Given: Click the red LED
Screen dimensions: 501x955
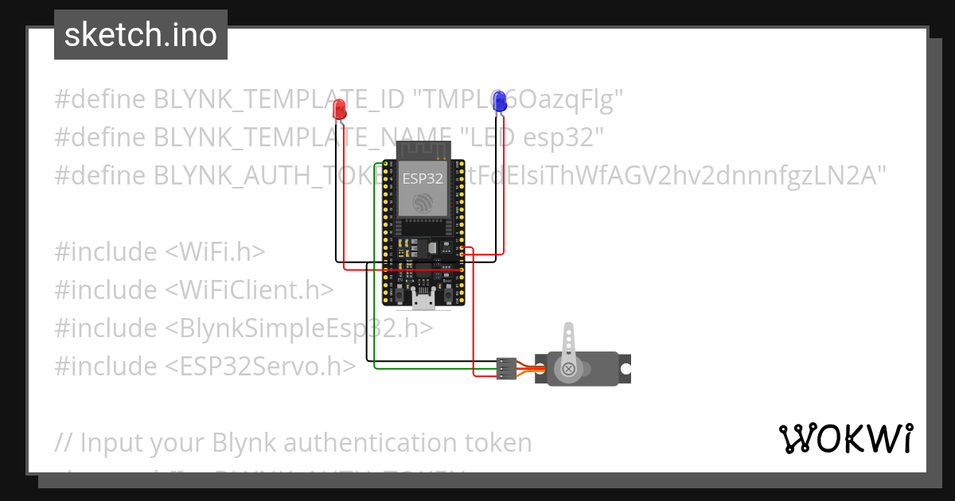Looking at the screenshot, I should click(339, 110).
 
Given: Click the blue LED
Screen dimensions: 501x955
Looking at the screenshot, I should click(499, 101).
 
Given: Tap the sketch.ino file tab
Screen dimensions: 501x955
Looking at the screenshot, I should click(141, 35).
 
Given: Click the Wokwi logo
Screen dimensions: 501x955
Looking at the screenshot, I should click(845, 438).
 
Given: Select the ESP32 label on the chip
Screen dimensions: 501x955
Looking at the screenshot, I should click(422, 178).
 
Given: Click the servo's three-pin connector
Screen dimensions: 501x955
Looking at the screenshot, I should click(505, 368).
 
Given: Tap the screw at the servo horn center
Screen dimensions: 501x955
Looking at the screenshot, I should click(568, 369).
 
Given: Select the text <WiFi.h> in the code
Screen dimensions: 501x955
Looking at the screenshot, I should click(215, 251).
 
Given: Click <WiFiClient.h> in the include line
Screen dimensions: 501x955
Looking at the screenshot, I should click(250, 289).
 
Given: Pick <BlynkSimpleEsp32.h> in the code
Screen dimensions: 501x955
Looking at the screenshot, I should click(299, 328).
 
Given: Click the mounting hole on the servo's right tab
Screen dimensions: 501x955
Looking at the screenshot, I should click(626, 369).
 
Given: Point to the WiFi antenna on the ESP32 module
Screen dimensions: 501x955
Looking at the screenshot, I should click(423, 149).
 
